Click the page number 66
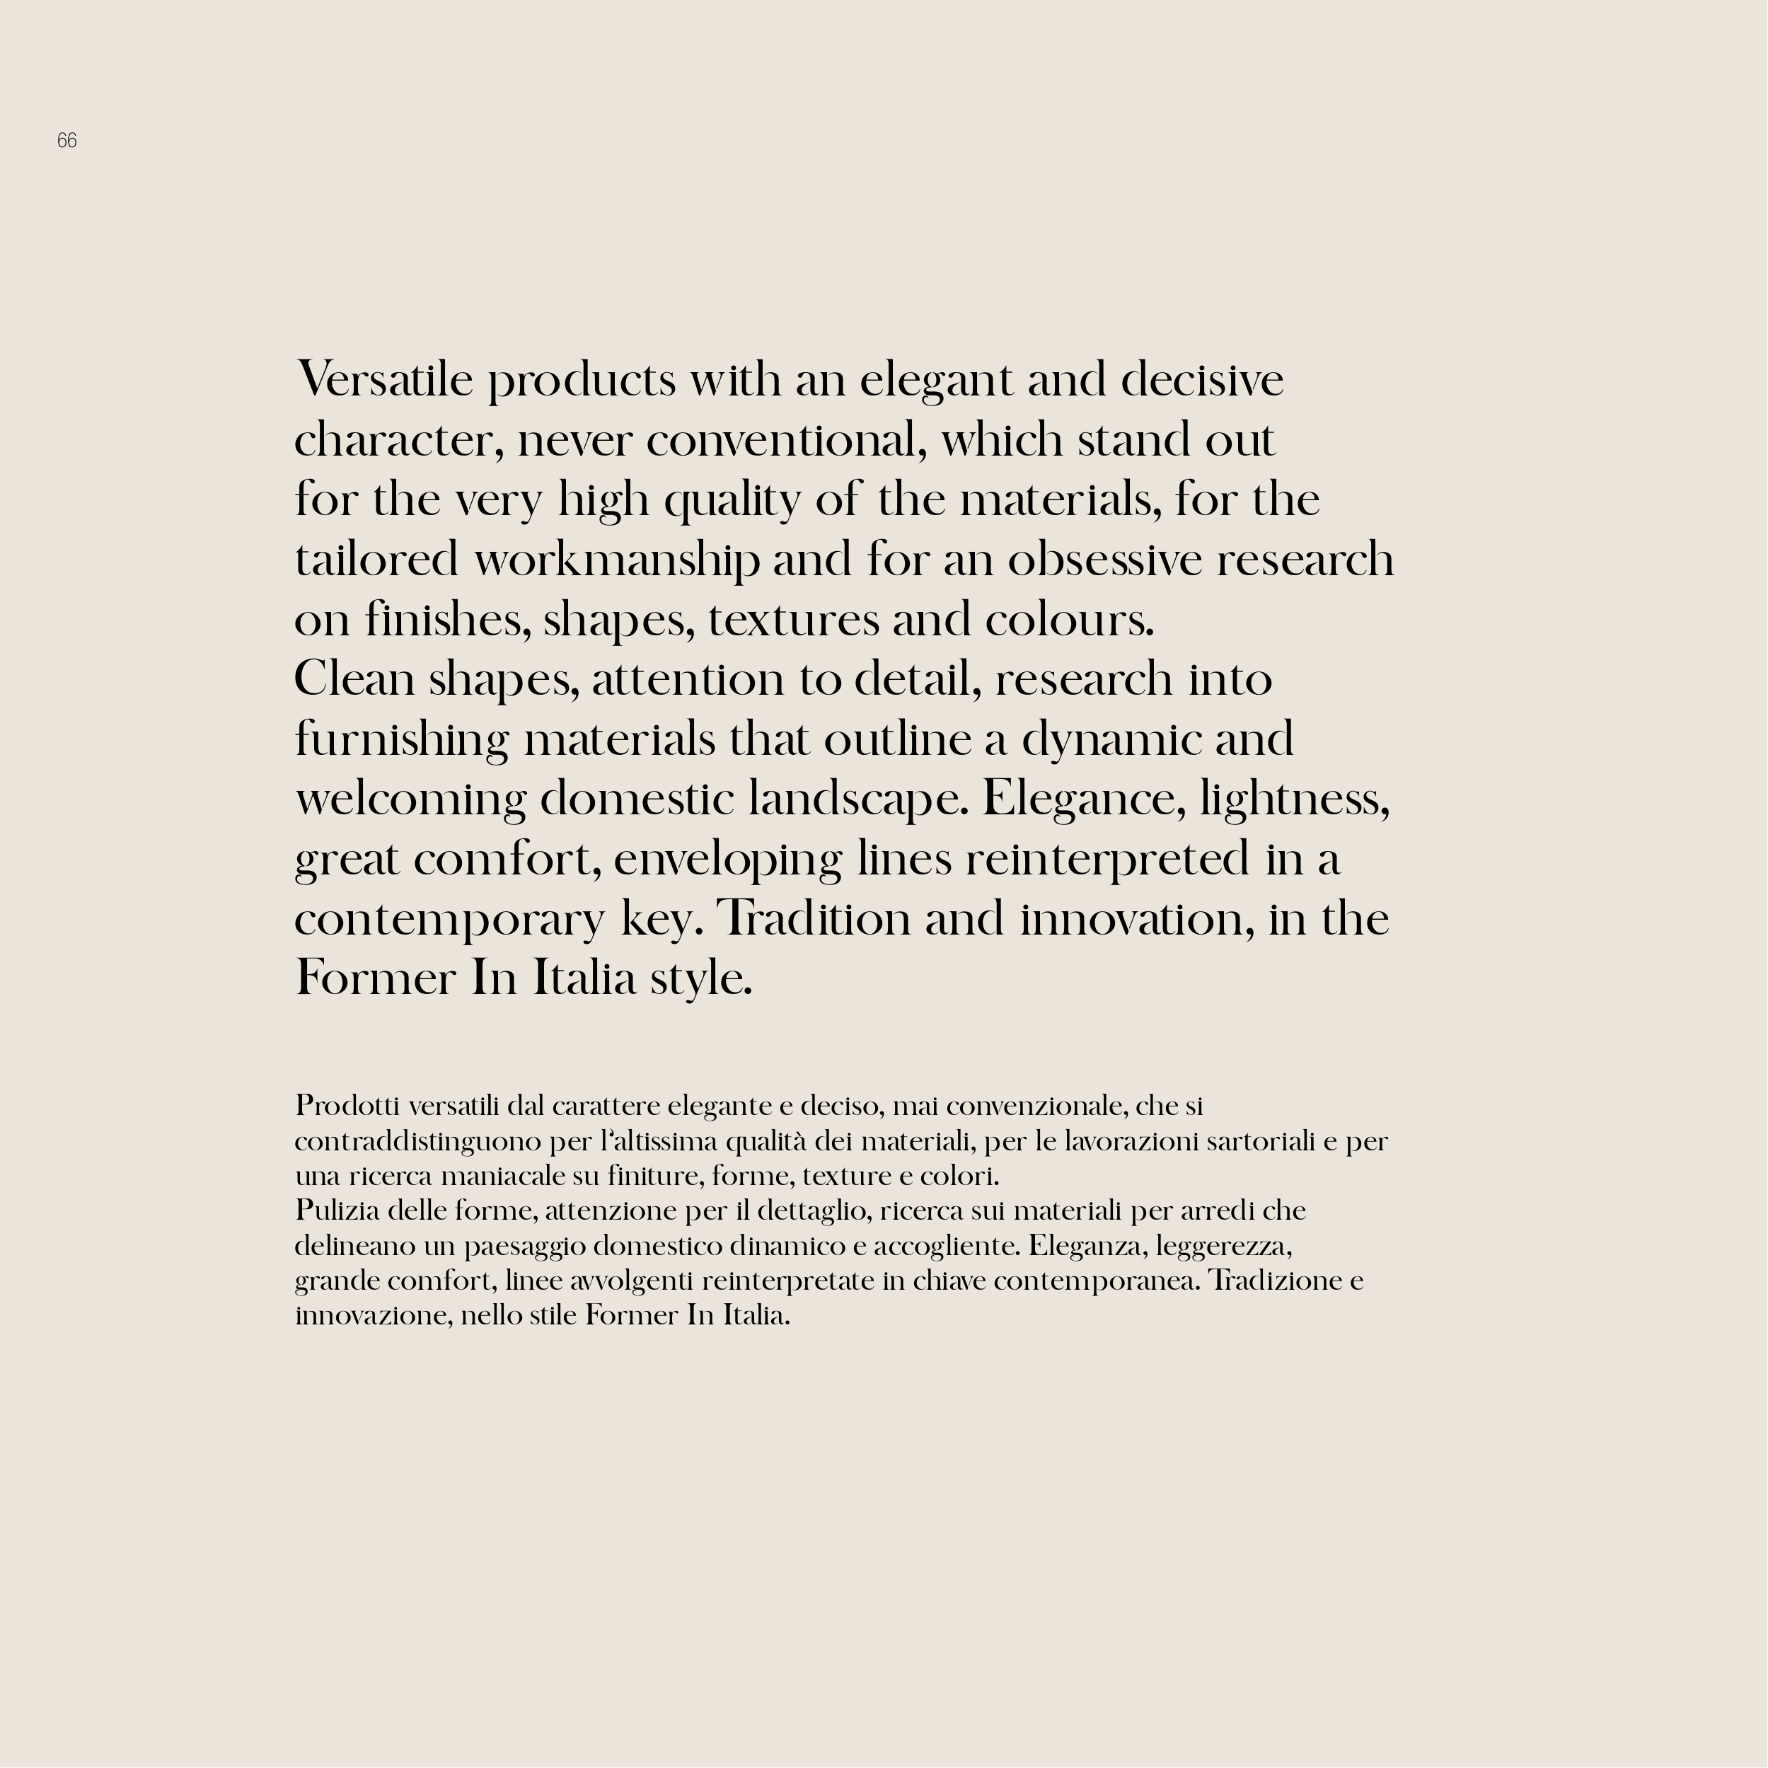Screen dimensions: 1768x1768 point(67,141)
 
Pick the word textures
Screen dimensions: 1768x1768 point(793,620)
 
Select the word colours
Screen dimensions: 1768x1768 point(1069,620)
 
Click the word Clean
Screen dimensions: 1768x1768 point(354,680)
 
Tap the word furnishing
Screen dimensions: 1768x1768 point(402,739)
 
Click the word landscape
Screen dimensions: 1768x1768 point(857,799)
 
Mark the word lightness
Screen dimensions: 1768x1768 point(1295,799)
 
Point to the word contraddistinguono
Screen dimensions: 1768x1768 point(418,1141)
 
